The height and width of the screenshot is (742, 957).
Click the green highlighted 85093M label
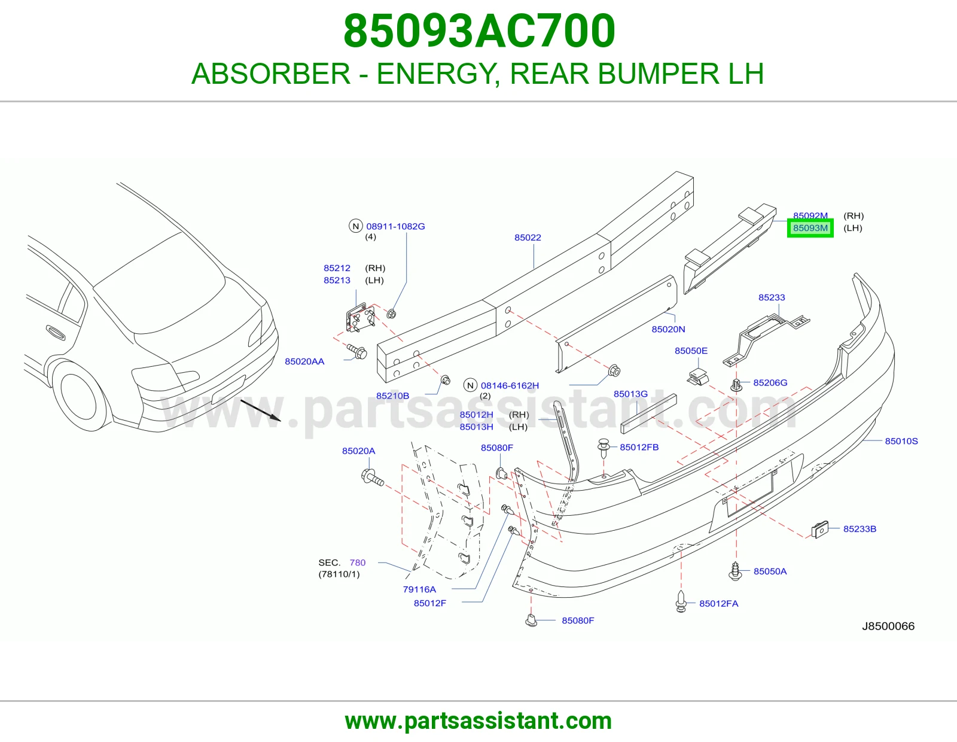810,228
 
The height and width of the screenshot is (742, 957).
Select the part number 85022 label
528,238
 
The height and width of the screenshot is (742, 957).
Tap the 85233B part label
860,529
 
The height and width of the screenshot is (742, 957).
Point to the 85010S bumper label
901,441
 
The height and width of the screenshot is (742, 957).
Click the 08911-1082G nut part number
395,226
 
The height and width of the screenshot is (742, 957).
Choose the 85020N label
668,329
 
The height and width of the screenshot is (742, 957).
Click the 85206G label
770,382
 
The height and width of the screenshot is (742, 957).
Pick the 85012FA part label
719,604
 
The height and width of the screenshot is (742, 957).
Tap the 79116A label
419,589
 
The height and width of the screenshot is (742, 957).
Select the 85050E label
691,351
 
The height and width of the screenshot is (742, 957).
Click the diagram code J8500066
888,626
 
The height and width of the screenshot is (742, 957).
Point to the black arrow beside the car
260,410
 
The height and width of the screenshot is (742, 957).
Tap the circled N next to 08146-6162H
470,385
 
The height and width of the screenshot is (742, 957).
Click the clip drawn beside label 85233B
819,530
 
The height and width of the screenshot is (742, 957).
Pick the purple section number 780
358,562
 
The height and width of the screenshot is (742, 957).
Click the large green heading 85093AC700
479,31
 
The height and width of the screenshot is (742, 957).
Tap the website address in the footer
478,721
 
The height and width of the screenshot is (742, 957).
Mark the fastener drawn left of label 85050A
735,571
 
